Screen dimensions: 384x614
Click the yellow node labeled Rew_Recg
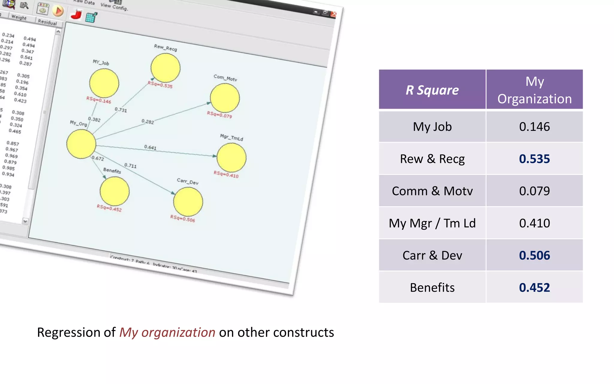165,68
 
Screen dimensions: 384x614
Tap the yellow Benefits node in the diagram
115,191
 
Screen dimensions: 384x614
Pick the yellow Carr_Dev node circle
188,202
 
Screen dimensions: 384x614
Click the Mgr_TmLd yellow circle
231,157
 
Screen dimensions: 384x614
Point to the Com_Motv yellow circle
225,98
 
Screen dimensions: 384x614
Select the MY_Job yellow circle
104,83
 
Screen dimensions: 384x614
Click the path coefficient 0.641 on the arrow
150,147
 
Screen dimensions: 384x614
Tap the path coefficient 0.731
121,110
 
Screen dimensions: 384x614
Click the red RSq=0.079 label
219,115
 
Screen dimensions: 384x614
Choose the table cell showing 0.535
534,159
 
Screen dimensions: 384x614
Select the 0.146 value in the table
534,127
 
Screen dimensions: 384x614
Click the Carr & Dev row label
432,255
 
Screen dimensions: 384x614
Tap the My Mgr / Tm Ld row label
432,223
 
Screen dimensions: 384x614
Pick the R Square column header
432,90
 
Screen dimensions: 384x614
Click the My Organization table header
534,90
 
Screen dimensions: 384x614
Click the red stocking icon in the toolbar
76,14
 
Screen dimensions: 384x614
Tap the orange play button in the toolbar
58,11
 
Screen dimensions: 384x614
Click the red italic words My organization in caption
167,332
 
